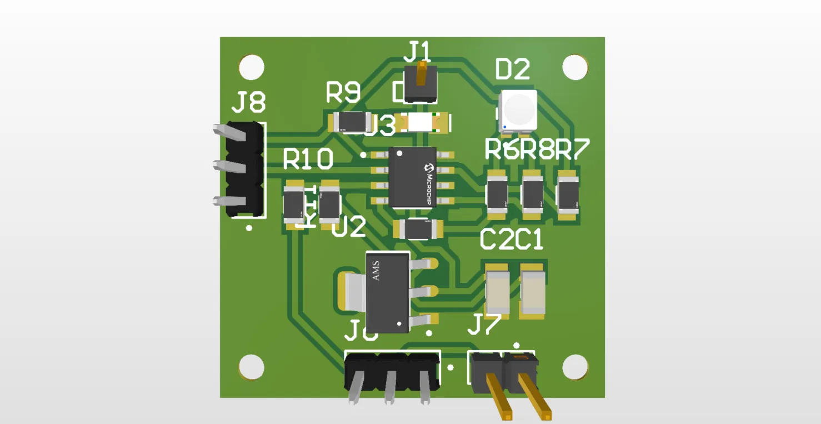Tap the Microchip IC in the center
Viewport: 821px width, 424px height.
[x=412, y=177]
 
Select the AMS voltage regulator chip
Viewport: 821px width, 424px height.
[x=387, y=292]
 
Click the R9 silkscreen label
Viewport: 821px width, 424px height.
[x=343, y=93]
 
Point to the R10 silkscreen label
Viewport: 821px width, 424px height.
[x=308, y=159]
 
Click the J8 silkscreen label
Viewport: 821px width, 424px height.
[x=248, y=103]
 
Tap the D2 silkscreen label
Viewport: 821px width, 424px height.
[x=512, y=69]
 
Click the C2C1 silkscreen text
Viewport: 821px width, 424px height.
[x=511, y=240]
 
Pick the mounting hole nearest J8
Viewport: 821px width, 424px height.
[x=252, y=67]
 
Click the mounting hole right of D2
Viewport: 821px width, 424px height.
[x=575, y=67]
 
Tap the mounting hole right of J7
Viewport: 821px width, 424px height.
[x=575, y=367]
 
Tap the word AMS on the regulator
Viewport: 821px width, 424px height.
[x=376, y=270]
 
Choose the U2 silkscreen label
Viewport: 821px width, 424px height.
[x=349, y=227]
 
